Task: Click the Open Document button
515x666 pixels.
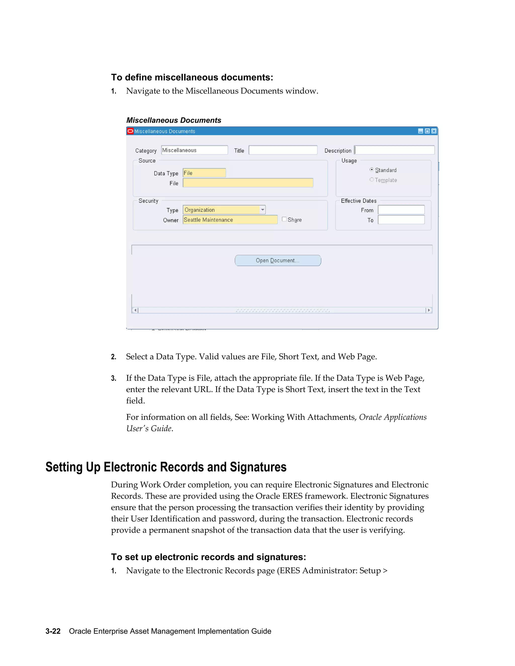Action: pos(278,260)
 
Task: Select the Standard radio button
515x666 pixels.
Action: pos(372,170)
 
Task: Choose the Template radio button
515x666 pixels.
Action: pos(372,180)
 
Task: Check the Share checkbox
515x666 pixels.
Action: pos(284,219)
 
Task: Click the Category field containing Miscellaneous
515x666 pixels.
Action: pos(194,150)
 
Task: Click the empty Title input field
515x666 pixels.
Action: pos(283,150)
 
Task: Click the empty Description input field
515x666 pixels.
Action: pos(394,150)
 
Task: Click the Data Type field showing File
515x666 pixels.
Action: pos(204,173)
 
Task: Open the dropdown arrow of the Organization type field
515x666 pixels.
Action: pos(262,210)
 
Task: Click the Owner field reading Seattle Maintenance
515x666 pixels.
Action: pos(230,220)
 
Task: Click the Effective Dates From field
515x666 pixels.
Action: pos(401,210)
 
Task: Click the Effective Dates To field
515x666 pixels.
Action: pos(401,220)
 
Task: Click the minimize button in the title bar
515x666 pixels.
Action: pos(420,131)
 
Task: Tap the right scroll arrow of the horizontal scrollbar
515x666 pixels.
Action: pos(429,310)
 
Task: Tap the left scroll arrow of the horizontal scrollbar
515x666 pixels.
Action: pos(135,310)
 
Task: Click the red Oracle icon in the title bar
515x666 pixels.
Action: pos(130,131)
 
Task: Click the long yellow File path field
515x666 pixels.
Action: pos(248,183)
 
